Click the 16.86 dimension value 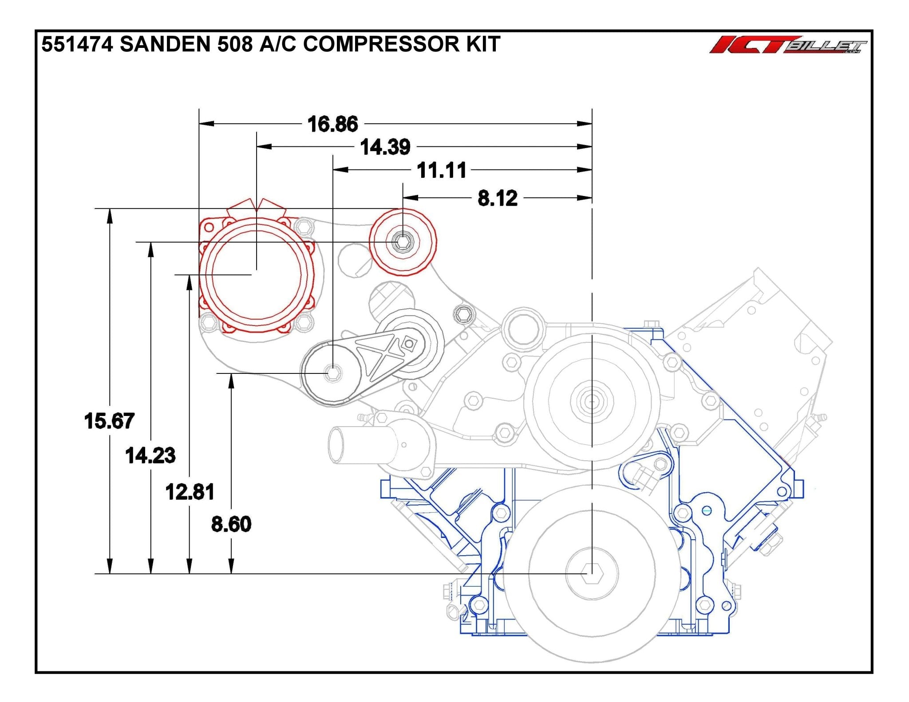pyautogui.click(x=332, y=124)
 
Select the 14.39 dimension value pyautogui.click(x=385, y=147)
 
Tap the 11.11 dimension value pyautogui.click(x=441, y=170)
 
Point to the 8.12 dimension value pyautogui.click(x=497, y=198)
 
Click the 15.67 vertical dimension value pyautogui.click(x=109, y=421)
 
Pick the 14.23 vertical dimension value pyautogui.click(x=150, y=455)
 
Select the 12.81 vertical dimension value pyautogui.click(x=190, y=492)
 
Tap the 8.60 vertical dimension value pyautogui.click(x=231, y=524)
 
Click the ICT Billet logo pyautogui.click(x=787, y=45)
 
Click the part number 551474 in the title pyautogui.click(x=77, y=44)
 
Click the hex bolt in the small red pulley pyautogui.click(x=403, y=242)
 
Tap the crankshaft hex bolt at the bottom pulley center pyautogui.click(x=591, y=573)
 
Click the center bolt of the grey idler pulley pyautogui.click(x=332, y=373)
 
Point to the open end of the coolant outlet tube pyautogui.click(x=336, y=445)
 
